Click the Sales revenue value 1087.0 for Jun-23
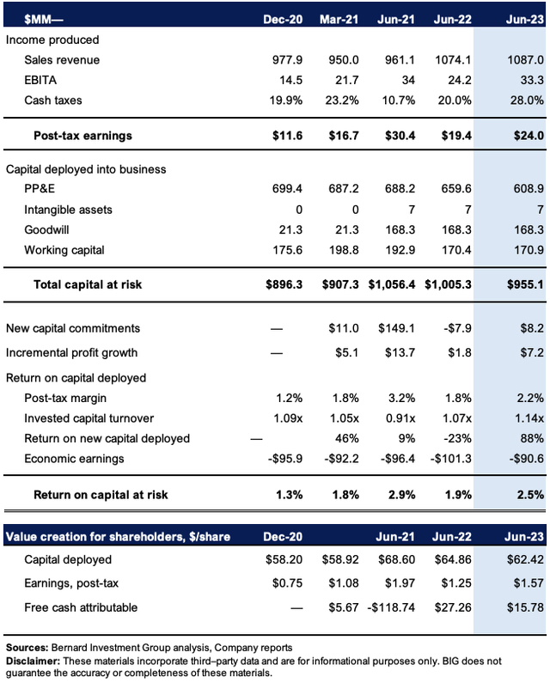tap(525, 59)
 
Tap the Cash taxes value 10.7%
tap(399, 101)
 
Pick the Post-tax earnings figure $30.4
tap(400, 136)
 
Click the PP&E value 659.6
tap(455, 189)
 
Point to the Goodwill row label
tap(46, 229)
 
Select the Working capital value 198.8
tap(344, 250)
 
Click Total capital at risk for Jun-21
tap(391, 284)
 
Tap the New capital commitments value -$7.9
tap(457, 328)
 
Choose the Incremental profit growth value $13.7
tap(400, 352)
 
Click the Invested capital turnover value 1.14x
tap(529, 418)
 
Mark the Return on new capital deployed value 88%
tap(532, 438)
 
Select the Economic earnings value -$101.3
tap(450, 458)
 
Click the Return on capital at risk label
tap(101, 495)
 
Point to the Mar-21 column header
tap(339, 19)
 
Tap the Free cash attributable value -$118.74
tap(391, 607)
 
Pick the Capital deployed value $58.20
tap(284, 559)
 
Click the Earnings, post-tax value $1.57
tap(529, 582)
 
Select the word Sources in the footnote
tap(27, 648)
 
